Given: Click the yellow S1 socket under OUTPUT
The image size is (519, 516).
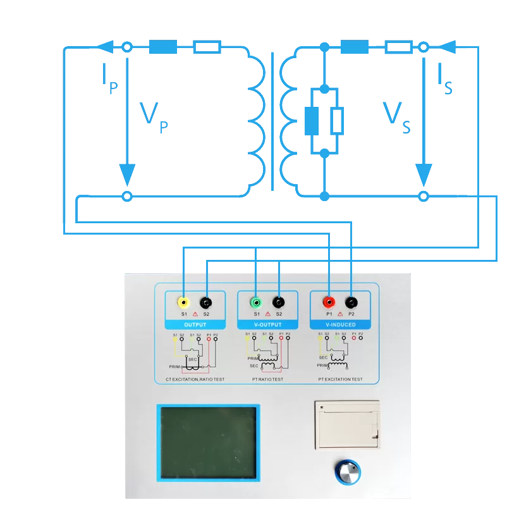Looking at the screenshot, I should click(x=183, y=302).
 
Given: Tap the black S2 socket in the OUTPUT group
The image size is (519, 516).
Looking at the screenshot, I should click(x=206, y=302).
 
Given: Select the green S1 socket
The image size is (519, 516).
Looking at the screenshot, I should click(x=256, y=302).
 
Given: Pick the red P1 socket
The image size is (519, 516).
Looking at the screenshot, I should click(x=329, y=302).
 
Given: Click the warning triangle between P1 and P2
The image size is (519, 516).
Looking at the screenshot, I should click(x=340, y=314).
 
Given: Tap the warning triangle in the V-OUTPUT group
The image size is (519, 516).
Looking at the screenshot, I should click(x=267, y=314).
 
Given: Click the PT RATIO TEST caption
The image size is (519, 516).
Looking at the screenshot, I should click(x=267, y=379).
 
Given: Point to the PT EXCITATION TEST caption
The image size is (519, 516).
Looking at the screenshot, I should click(x=340, y=379).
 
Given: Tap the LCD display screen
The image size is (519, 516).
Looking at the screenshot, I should click(x=208, y=442).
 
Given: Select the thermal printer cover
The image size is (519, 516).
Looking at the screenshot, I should click(x=347, y=425).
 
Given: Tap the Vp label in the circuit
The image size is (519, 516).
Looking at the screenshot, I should click(x=154, y=118).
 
